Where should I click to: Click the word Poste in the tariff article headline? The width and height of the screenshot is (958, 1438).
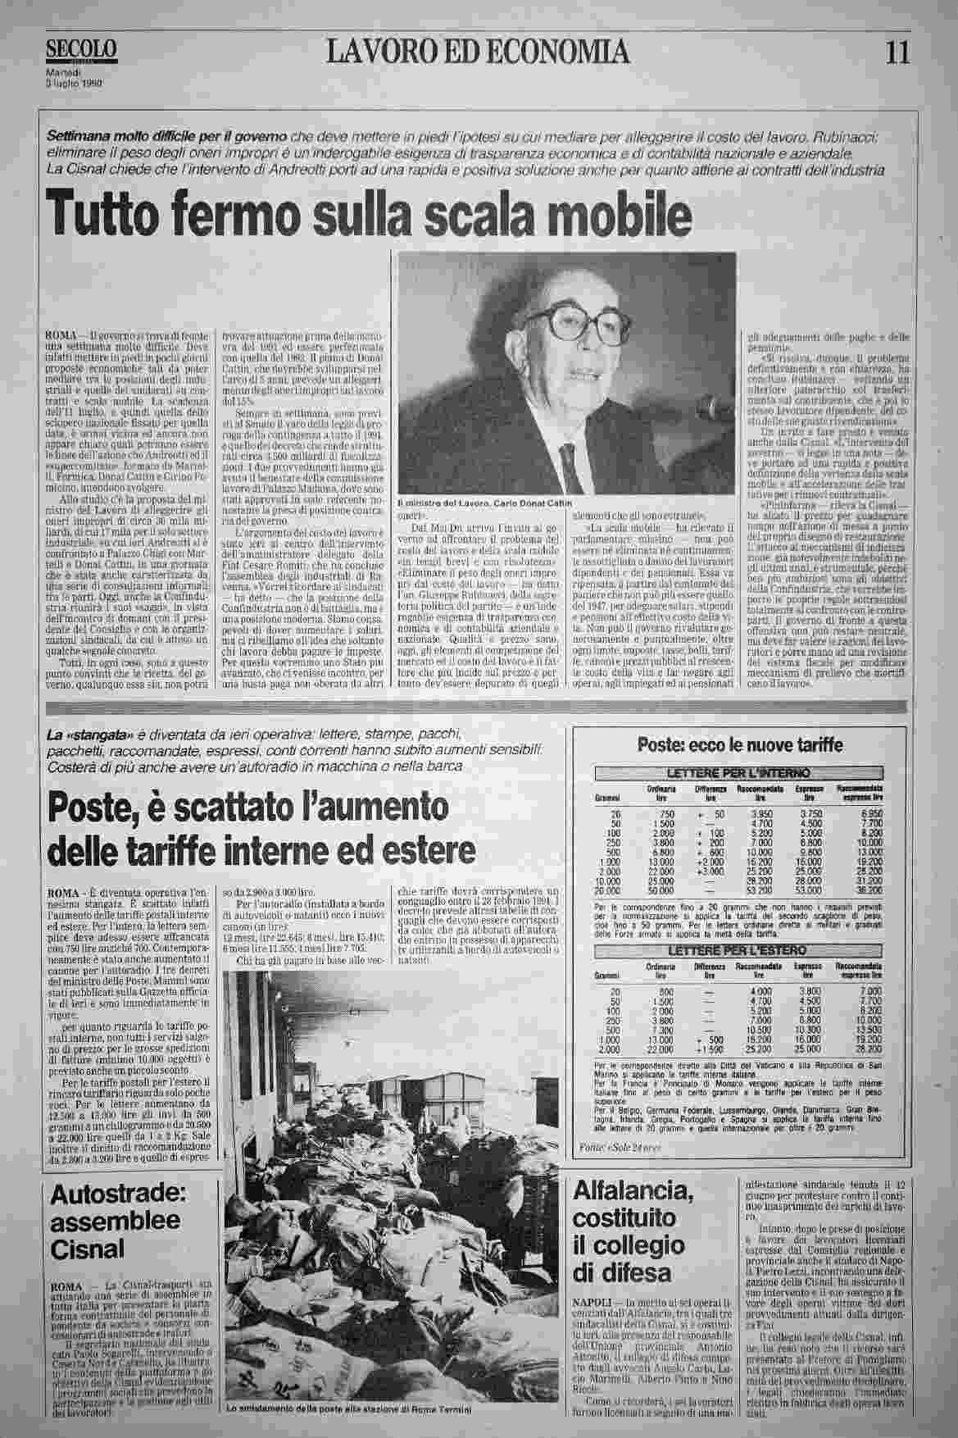coord(92,808)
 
